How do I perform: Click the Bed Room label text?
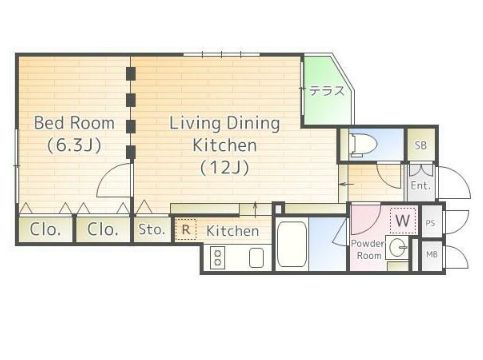[74, 123]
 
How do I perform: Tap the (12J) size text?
[225, 168]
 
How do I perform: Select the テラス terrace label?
[327, 90]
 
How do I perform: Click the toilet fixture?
[362, 145]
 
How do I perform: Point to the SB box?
[421, 145]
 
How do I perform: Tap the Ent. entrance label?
[421, 186]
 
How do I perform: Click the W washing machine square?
[403, 220]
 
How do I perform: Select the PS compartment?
[431, 222]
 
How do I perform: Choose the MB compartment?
[432, 255]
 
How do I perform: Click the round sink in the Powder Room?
[398, 247]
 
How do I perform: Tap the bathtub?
[292, 244]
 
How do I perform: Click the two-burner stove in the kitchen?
[218, 257]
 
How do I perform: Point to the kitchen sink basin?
[256, 258]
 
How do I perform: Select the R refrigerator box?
[186, 229]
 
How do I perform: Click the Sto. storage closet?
[152, 229]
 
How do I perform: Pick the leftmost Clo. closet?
[45, 229]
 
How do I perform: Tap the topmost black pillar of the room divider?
[131, 74]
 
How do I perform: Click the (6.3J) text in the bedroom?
[74, 145]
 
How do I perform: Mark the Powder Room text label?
[368, 249]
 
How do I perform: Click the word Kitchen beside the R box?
[232, 231]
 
